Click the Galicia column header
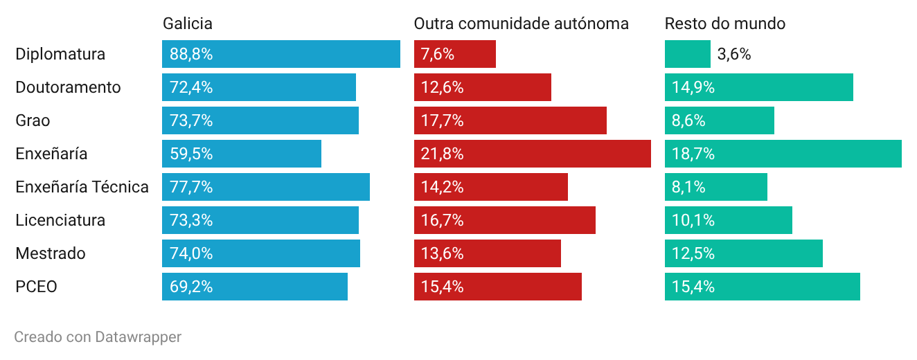pyautogui.click(x=188, y=24)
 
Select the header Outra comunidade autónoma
pyautogui.click(x=521, y=24)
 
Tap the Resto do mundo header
pyautogui.click(x=725, y=24)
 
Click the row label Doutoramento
pyautogui.click(x=68, y=87)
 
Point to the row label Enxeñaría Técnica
pyautogui.click(x=82, y=187)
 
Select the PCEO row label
pyautogui.click(x=36, y=287)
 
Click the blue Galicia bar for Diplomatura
pyautogui.click(x=281, y=54)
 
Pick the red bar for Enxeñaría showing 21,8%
pyautogui.click(x=532, y=154)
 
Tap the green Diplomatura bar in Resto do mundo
pyautogui.click(x=687, y=54)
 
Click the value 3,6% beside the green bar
pyautogui.click(x=734, y=54)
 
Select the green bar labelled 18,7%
pyautogui.click(x=783, y=154)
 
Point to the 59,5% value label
pyautogui.click(x=191, y=154)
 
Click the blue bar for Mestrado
pyautogui.click(x=261, y=253)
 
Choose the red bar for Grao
pyautogui.click(x=510, y=120)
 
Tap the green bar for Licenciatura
pyautogui.click(x=729, y=220)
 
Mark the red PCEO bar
pyautogui.click(x=498, y=287)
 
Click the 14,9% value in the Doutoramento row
pyautogui.click(x=693, y=87)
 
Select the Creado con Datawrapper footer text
pyautogui.click(x=98, y=336)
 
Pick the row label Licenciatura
pyautogui.click(x=60, y=220)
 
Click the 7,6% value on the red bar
pyautogui.click(x=438, y=54)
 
